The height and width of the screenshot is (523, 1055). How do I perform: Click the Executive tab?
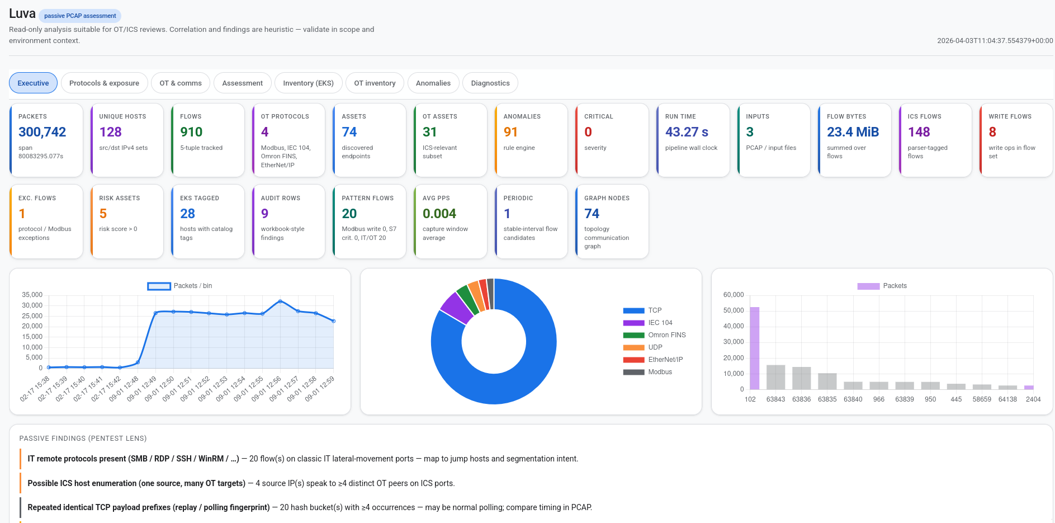pyautogui.click(x=33, y=83)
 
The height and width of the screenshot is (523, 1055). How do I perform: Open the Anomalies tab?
pyautogui.click(x=433, y=83)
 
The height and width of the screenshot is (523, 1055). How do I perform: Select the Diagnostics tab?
pyautogui.click(x=490, y=83)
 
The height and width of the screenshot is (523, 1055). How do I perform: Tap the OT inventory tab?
pyautogui.click(x=375, y=83)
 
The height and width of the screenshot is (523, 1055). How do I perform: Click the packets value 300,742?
pyautogui.click(x=42, y=132)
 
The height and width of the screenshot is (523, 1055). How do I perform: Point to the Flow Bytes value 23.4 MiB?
pyautogui.click(x=853, y=132)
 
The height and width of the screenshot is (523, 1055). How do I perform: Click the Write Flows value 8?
pyautogui.click(x=992, y=132)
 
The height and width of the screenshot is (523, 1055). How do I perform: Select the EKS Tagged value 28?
pyautogui.click(x=187, y=214)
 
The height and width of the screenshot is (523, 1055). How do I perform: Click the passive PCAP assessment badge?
pyautogui.click(x=80, y=16)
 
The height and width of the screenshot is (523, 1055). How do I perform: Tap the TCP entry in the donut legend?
pyautogui.click(x=655, y=310)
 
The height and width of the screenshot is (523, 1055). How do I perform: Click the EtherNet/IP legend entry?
pyautogui.click(x=665, y=360)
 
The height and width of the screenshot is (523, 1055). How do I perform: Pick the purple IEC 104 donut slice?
pyautogui.click(x=457, y=308)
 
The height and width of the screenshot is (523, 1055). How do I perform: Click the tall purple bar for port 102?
pyautogui.click(x=754, y=348)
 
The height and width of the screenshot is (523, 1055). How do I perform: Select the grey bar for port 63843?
pyautogui.click(x=775, y=377)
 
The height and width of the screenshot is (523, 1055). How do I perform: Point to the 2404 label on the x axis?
pyautogui.click(x=1033, y=399)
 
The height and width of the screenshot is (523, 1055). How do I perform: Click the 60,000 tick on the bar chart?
pyautogui.click(x=733, y=295)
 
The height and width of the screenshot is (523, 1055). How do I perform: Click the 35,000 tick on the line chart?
pyautogui.click(x=32, y=295)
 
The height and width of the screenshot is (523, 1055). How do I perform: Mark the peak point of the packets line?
pyautogui.click(x=280, y=301)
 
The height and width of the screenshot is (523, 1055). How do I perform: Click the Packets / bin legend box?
pyautogui.click(x=159, y=286)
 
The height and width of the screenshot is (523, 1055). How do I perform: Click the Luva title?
pyautogui.click(x=22, y=14)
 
